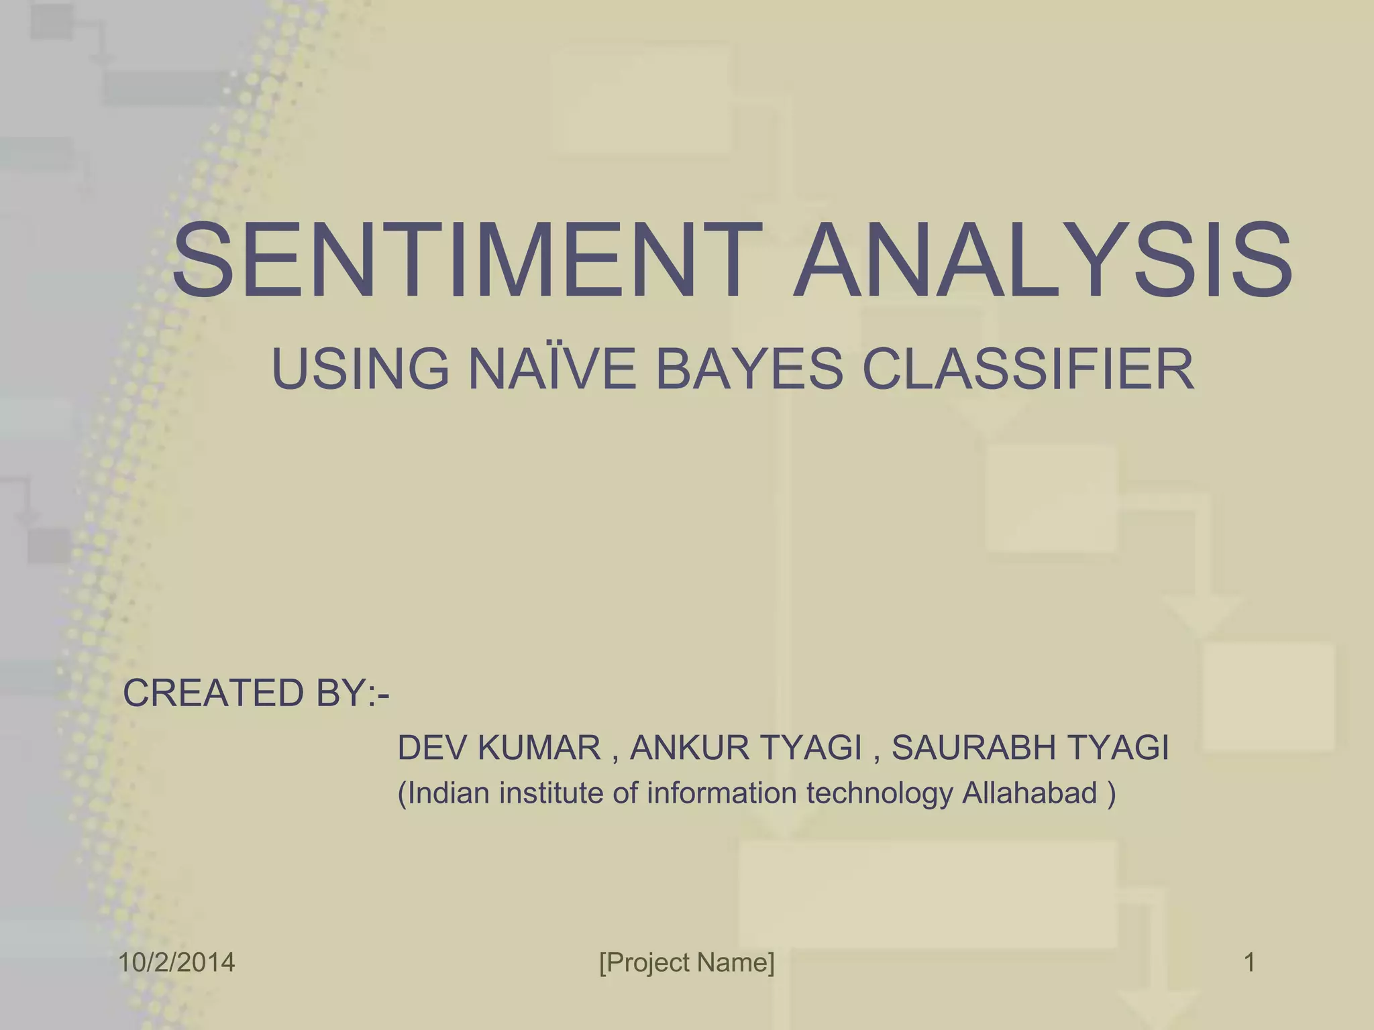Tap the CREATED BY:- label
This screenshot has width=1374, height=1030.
click(x=256, y=693)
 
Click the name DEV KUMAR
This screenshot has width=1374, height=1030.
click(x=499, y=748)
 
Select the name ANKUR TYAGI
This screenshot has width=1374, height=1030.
click(x=745, y=748)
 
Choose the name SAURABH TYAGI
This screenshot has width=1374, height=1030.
click(x=1030, y=748)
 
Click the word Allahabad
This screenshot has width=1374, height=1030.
click(x=1030, y=793)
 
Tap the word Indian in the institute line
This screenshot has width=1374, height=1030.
click(x=449, y=793)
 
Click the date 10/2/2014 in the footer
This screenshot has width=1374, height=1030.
click(x=177, y=963)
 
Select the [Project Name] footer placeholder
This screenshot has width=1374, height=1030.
click(x=687, y=963)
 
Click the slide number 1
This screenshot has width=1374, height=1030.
click(x=1249, y=963)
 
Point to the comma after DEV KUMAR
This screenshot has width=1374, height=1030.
click(x=615, y=758)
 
